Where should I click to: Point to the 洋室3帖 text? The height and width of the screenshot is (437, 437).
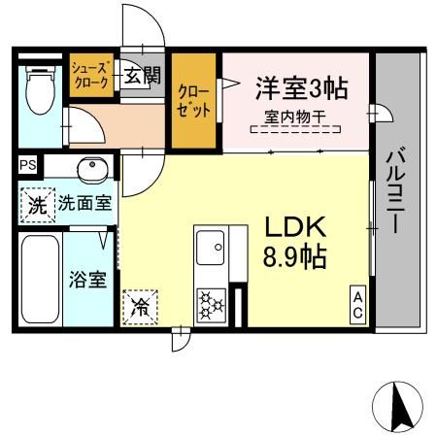coord(301,87)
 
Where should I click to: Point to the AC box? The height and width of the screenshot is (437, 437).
coord(357,304)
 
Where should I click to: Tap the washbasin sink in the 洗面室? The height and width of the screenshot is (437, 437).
coord(91,168)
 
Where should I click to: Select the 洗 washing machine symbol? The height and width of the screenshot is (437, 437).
coord(36,205)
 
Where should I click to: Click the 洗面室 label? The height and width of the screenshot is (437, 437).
coord(82,205)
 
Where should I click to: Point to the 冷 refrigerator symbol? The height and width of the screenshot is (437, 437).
coord(140,310)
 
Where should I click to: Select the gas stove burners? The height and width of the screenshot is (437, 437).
coord(211,305)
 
